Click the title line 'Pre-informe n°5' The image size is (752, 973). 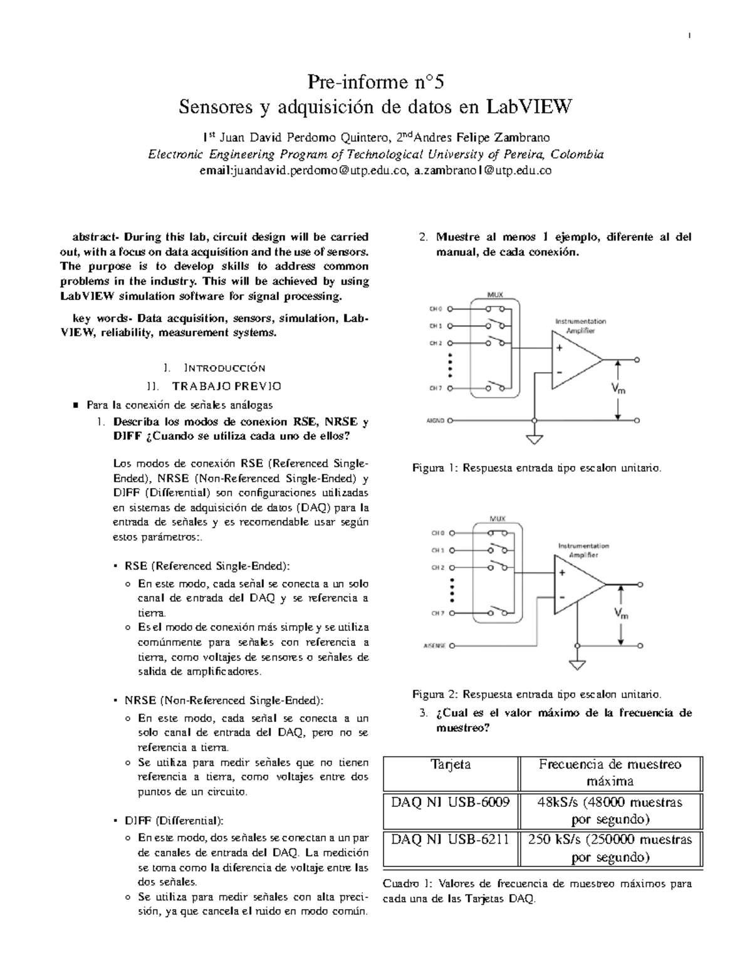click(375, 82)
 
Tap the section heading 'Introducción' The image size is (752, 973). click(220, 368)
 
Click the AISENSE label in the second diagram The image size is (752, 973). click(435, 645)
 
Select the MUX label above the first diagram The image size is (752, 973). click(496, 294)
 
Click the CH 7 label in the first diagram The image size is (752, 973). click(436, 388)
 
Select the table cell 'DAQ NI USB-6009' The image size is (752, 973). click(450, 802)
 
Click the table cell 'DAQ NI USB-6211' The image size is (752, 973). click(450, 840)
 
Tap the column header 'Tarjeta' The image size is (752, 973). click(451, 764)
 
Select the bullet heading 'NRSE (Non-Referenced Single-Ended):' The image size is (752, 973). click(224, 700)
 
